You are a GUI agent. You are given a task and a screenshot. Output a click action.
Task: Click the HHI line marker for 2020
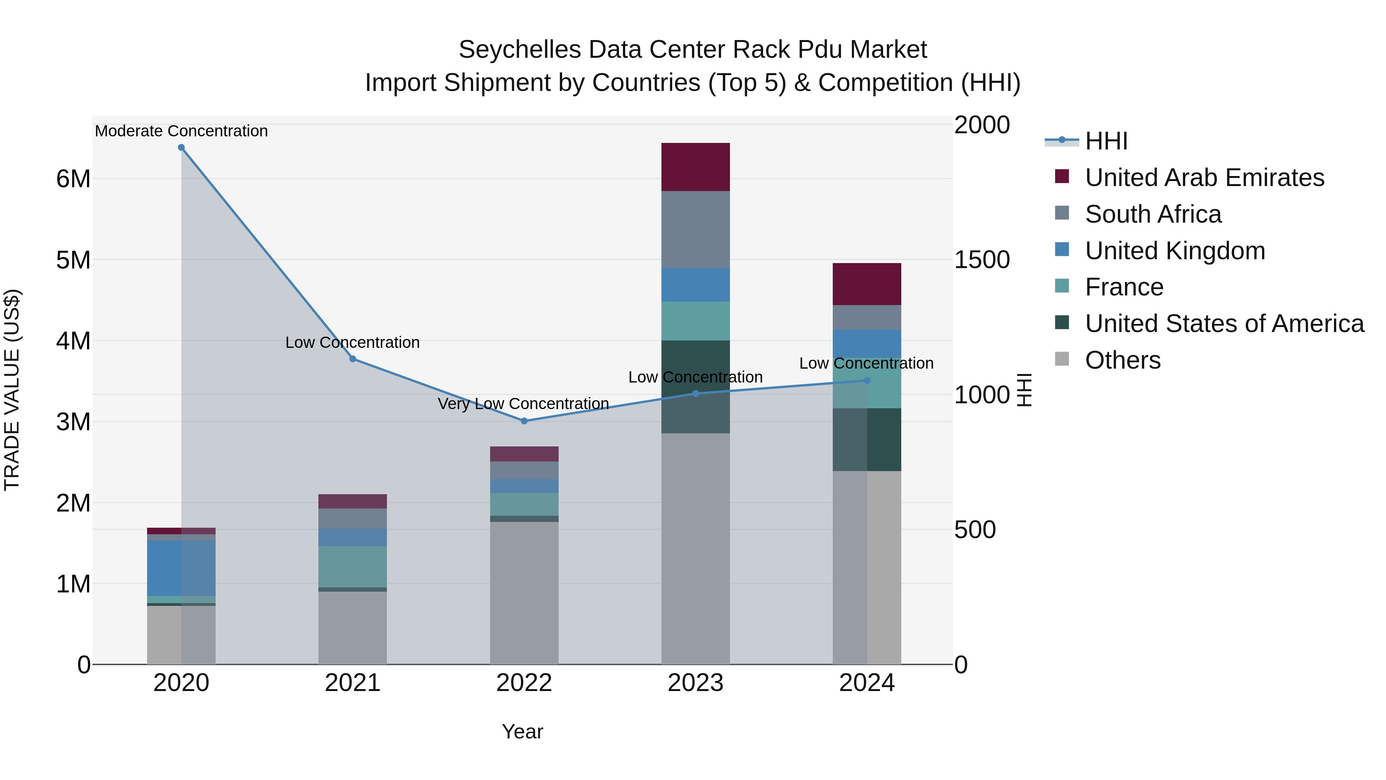click(181, 148)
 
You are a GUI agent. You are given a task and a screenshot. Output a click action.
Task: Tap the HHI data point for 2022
click(524, 421)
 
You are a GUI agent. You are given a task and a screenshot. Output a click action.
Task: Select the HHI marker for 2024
click(867, 381)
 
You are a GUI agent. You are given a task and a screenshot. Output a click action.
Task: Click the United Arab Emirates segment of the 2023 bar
click(695, 167)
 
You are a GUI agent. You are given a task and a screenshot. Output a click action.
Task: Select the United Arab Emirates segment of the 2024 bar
click(867, 284)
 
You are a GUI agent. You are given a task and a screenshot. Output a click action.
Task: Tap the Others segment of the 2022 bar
click(524, 592)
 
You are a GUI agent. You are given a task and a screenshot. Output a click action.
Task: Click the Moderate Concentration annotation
click(181, 131)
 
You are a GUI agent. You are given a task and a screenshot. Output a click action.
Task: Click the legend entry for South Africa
click(1153, 214)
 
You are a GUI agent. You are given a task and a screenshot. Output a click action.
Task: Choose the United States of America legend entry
click(1224, 324)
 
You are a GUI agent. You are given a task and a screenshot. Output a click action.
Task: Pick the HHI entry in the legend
click(1106, 141)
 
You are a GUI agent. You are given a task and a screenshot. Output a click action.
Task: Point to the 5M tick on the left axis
click(73, 260)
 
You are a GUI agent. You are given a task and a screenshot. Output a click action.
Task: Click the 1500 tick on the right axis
click(982, 260)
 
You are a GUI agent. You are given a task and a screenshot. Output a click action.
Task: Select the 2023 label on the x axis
click(695, 683)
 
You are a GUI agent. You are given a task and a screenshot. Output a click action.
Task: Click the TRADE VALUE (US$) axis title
click(12, 390)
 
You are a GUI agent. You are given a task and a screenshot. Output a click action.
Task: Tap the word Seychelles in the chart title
click(520, 50)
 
